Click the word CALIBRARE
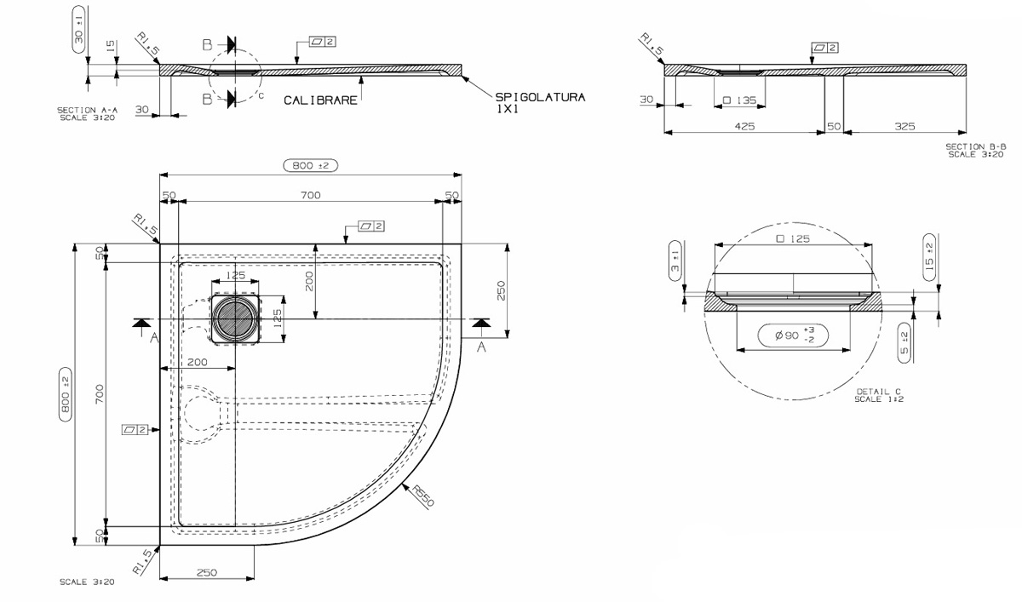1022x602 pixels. coord(320,100)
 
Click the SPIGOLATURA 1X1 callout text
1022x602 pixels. coord(540,103)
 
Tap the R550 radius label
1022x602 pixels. coord(423,496)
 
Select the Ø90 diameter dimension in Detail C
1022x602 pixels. coord(793,335)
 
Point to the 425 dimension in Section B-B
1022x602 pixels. coord(744,126)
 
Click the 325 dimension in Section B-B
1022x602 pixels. coord(904,126)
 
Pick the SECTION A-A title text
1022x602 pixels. coord(87,113)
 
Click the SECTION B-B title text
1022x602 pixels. coord(975,150)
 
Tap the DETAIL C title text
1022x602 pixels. coord(879,395)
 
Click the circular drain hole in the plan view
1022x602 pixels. coord(235,318)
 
